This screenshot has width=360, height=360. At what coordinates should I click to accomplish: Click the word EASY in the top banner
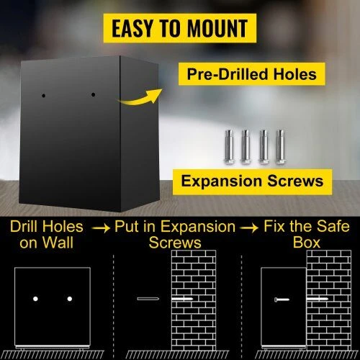[x=132, y=28]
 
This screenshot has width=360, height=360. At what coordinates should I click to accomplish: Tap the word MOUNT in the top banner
[x=217, y=28]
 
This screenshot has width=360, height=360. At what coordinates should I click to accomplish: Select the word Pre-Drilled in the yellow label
[x=228, y=74]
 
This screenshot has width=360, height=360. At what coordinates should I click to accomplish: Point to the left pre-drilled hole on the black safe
[x=43, y=96]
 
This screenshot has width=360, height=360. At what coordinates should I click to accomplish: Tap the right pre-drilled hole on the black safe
[x=93, y=95]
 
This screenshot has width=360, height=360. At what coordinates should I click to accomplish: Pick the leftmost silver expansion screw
[x=230, y=147]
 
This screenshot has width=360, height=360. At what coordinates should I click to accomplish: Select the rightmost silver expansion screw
[x=280, y=147]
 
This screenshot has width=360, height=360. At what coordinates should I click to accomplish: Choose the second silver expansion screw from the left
[x=246, y=147]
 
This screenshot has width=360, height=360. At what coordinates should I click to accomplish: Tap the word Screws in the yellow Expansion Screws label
[x=295, y=181]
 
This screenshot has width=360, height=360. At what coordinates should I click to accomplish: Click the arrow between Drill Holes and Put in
[x=101, y=228]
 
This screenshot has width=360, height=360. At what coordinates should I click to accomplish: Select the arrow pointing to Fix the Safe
[x=249, y=228]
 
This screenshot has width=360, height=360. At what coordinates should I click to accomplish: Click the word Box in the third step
[x=307, y=243]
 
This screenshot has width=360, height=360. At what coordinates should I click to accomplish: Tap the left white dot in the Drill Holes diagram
[x=35, y=299]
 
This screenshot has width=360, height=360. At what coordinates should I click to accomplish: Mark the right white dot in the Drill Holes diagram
[x=70, y=299]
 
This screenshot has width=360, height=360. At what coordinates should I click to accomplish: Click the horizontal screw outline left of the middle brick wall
[x=148, y=299]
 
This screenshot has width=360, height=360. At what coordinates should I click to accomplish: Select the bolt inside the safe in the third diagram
[x=282, y=300]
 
